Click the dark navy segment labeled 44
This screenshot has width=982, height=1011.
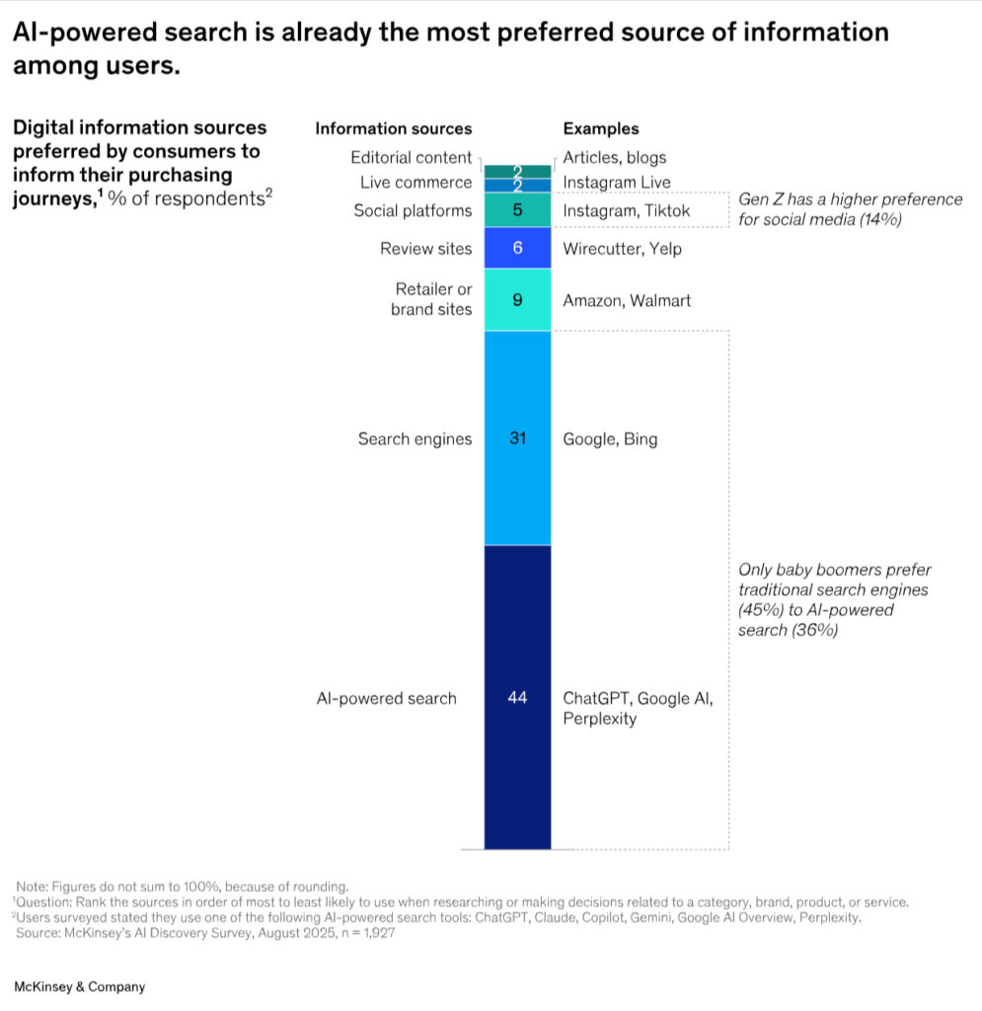[x=517, y=697]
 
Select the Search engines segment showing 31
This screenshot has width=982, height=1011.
[x=517, y=438]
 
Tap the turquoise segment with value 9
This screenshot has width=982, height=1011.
[x=517, y=299]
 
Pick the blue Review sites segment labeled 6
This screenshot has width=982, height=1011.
[x=517, y=248]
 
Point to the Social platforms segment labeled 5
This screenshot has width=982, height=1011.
[x=517, y=209]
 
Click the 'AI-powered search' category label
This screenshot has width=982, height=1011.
[x=386, y=698]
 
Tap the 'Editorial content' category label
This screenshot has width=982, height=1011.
[x=411, y=157]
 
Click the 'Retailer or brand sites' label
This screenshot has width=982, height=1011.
[x=433, y=299]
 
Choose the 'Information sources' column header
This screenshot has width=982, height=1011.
[x=393, y=128]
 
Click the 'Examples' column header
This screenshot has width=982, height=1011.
[x=600, y=128]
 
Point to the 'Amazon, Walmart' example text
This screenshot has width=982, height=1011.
[x=627, y=300]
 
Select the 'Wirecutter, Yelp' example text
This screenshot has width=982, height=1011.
[x=622, y=249]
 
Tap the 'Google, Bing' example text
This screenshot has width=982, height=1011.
[x=609, y=439]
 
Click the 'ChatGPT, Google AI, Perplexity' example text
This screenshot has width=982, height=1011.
[x=637, y=708]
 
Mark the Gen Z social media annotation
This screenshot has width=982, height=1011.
[x=850, y=209]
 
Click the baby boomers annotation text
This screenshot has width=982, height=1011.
[x=835, y=599]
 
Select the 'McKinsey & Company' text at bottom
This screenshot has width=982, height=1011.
[x=79, y=986]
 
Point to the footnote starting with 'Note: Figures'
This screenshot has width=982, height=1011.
[x=183, y=886]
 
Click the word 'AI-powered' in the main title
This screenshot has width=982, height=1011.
[x=79, y=32]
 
